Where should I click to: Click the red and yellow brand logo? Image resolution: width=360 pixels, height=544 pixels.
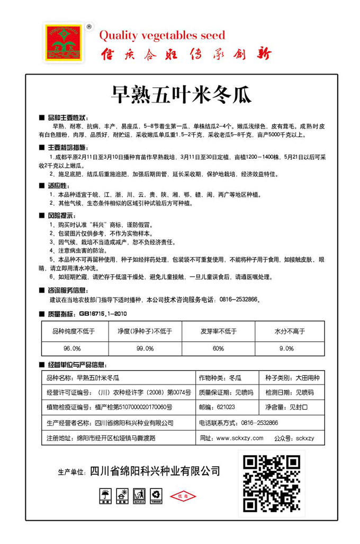[x=64, y=43]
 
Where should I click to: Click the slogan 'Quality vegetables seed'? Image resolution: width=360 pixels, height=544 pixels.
[x=163, y=35]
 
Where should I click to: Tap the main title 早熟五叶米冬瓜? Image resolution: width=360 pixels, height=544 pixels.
[x=181, y=95]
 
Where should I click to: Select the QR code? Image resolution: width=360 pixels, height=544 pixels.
[x=272, y=483]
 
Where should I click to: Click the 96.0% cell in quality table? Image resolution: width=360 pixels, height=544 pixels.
[x=72, y=348]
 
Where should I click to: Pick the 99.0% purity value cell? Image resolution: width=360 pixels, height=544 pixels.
[x=145, y=348]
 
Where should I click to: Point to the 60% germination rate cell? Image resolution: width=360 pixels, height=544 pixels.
[x=219, y=348]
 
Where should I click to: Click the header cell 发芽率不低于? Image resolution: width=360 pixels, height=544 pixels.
[x=219, y=331]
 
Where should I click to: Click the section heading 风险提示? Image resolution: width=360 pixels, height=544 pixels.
[x=61, y=215]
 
